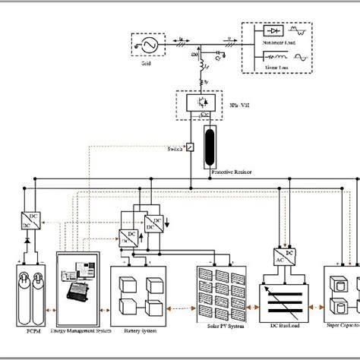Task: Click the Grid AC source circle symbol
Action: [x=144, y=46]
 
